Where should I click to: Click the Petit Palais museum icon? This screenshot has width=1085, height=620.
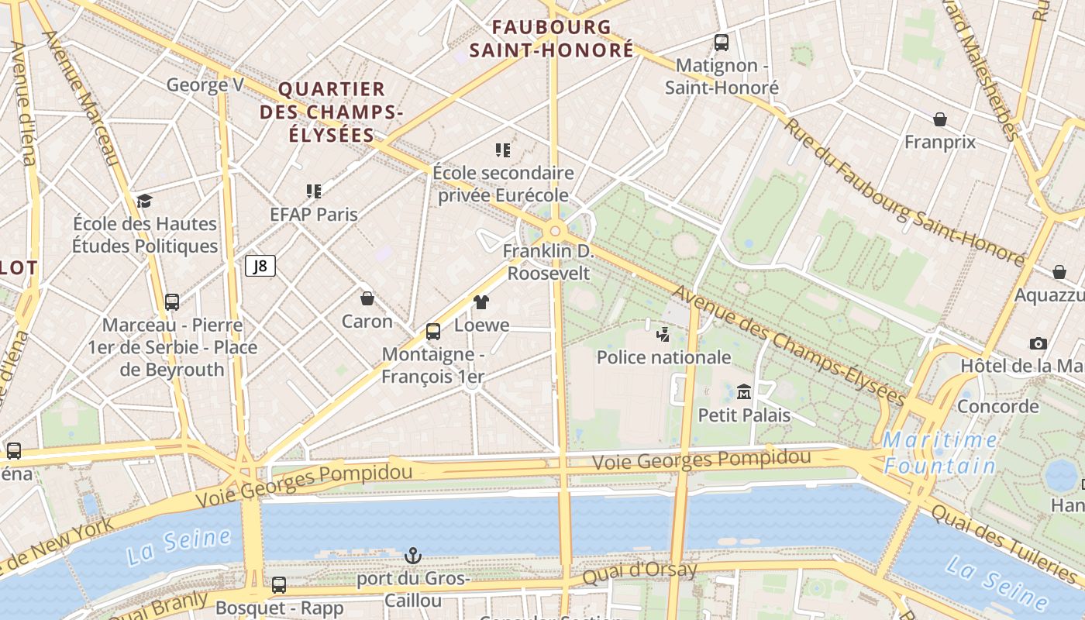pyautogui.click(x=744, y=391)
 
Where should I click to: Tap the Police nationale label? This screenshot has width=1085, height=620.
pyautogui.click(x=663, y=357)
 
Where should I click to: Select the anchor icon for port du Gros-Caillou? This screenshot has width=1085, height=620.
pyautogui.click(x=413, y=556)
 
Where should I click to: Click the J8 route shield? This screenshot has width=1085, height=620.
pyautogui.click(x=260, y=267)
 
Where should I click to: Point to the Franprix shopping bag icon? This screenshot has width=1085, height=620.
pyautogui.click(x=940, y=119)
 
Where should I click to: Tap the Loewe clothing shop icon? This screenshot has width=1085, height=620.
pyautogui.click(x=481, y=302)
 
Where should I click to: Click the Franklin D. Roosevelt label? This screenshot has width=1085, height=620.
pyautogui.click(x=548, y=262)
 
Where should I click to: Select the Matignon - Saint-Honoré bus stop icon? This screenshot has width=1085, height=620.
pyautogui.click(x=722, y=43)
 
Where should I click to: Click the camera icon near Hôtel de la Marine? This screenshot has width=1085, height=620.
pyautogui.click(x=1038, y=343)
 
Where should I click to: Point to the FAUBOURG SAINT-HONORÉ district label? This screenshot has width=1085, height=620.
pyautogui.click(x=552, y=39)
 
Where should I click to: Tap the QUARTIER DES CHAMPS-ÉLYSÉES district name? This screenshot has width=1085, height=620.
pyautogui.click(x=332, y=112)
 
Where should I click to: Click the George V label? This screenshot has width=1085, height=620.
pyautogui.click(x=205, y=84)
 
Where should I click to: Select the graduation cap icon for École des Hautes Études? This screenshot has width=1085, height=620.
pyautogui.click(x=144, y=201)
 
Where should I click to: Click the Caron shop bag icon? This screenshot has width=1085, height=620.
pyautogui.click(x=367, y=298)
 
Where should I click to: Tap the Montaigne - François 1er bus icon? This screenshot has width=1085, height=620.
pyautogui.click(x=433, y=332)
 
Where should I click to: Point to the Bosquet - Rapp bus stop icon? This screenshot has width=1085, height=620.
pyautogui.click(x=279, y=585)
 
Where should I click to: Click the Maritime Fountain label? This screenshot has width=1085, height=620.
pyautogui.click(x=940, y=453)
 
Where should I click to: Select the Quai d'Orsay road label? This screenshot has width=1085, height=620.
pyautogui.click(x=639, y=572)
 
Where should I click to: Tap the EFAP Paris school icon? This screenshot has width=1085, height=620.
pyautogui.click(x=314, y=191)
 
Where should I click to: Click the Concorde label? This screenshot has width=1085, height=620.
pyautogui.click(x=998, y=406)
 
